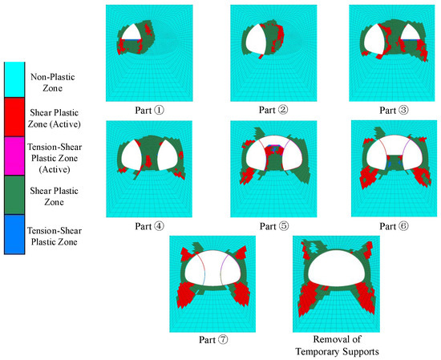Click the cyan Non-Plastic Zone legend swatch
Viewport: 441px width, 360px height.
pyautogui.click(x=14, y=80)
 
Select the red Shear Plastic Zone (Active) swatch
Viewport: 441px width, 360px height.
pyautogui.click(x=14, y=117)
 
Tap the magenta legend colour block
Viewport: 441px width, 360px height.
pyautogui.click(x=14, y=156)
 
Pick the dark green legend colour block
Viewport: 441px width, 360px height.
pyautogui.click(x=14, y=195)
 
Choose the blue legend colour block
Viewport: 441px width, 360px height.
pyautogui.click(x=14, y=235)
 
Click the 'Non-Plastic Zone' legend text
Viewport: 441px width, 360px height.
pyautogui.click(x=53, y=83)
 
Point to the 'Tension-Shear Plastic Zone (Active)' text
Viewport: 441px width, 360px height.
pyautogui.click(x=55, y=158)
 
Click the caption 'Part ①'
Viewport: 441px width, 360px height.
pyautogui.click(x=149, y=110)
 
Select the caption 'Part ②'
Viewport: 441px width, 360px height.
pyautogui.click(x=273, y=110)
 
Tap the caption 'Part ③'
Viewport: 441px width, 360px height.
pyautogui.click(x=394, y=110)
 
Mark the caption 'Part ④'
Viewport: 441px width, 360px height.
pyautogui.click(x=149, y=226)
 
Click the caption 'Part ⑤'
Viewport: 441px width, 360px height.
pyautogui.click(x=274, y=226)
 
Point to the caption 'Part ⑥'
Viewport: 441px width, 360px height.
pyautogui.click(x=394, y=226)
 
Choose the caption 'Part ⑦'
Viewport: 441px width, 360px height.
pyautogui.click(x=213, y=340)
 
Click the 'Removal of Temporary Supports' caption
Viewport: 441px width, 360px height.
pyautogui.click(x=337, y=346)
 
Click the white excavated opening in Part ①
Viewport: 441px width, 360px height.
pyautogui.click(x=131, y=33)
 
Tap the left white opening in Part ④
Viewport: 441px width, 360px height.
pyautogui.click(x=131, y=156)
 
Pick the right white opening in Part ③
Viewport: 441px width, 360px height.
pyautogui.click(x=411, y=32)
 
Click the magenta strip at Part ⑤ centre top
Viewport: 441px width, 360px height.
pyautogui.click(x=274, y=145)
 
